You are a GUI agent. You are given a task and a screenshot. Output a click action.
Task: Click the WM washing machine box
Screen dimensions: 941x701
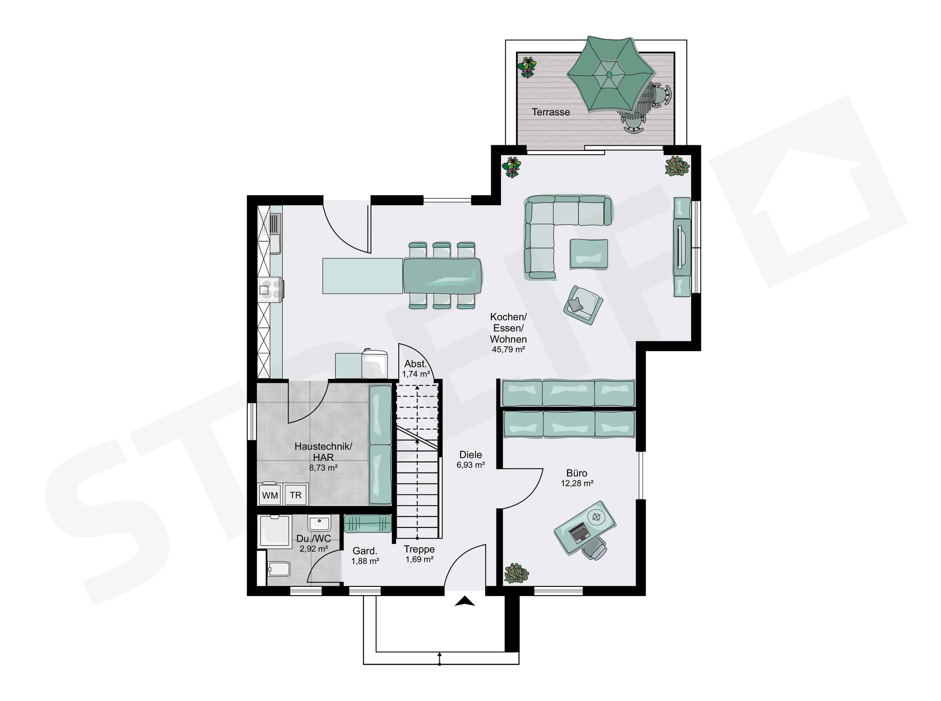click(x=270, y=494)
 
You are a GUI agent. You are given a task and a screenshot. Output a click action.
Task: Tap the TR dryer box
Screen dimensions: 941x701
click(x=296, y=494)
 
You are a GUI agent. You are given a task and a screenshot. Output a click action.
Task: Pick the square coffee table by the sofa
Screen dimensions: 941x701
click(x=589, y=253)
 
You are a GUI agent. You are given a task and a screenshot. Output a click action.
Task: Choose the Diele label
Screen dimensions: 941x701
click(x=470, y=455)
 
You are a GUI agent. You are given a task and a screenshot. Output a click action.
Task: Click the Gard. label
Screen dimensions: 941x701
click(x=365, y=551)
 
